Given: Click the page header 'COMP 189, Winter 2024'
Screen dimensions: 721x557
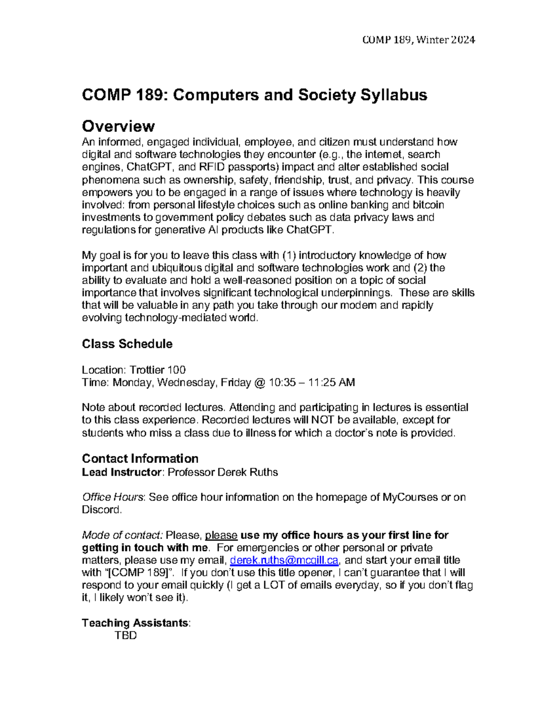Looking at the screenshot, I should tap(418, 40).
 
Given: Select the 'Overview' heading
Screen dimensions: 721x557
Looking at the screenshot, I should tap(118, 126).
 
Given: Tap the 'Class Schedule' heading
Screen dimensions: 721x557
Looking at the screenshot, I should tap(127, 344).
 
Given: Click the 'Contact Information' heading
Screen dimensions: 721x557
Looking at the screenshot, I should tap(140, 459).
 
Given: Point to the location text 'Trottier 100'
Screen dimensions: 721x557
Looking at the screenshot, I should tap(158, 370).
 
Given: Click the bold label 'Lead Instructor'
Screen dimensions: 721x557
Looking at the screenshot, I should tap(122, 473).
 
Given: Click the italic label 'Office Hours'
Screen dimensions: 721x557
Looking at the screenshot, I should tap(113, 497).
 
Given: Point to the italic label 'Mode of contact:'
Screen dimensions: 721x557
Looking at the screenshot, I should tap(122, 535).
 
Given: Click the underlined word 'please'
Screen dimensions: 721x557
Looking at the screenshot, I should tap(221, 535).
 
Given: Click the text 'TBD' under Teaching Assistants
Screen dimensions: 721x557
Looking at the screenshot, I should tap(126, 636).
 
